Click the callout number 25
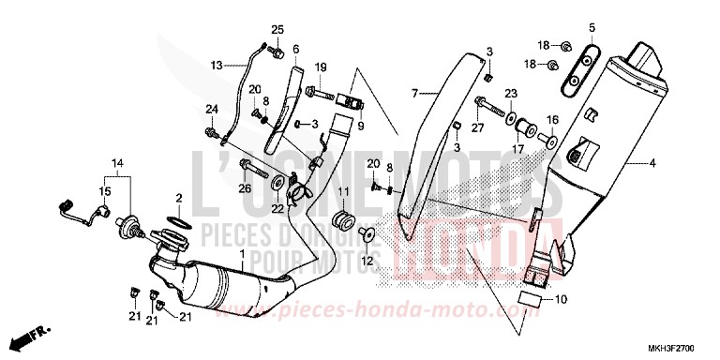point(277,30)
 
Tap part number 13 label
point(216,66)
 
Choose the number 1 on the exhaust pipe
point(241,255)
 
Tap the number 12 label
point(340,260)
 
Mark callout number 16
point(552,120)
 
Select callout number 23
point(511,93)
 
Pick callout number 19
point(321,67)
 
